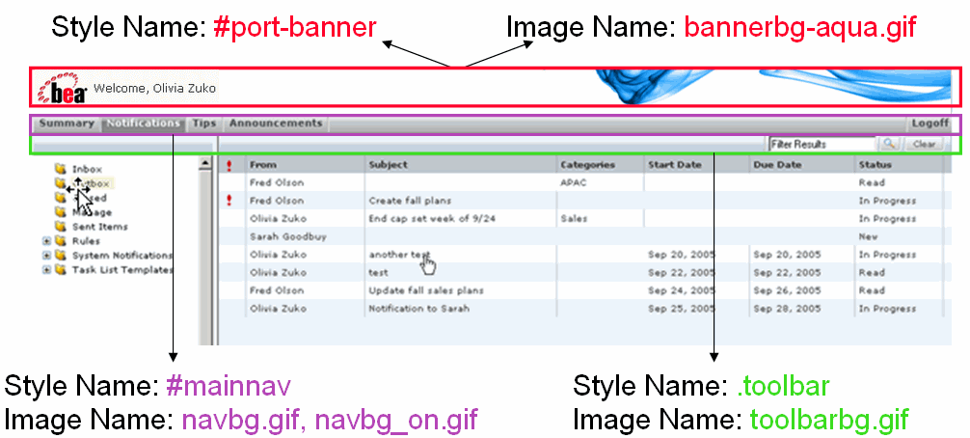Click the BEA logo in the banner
tap(62, 89)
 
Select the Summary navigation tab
tap(67, 123)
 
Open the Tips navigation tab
tap(203, 123)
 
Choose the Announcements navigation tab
tap(275, 123)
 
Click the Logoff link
tap(930, 123)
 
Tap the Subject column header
tap(388, 165)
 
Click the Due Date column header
tap(777, 165)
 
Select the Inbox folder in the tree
tap(86, 169)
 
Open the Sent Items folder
tap(99, 227)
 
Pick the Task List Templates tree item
tap(122, 270)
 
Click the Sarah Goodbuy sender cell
tap(281, 236)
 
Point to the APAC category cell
tap(575, 182)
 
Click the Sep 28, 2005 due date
tap(786, 309)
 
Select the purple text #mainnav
tap(229, 387)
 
